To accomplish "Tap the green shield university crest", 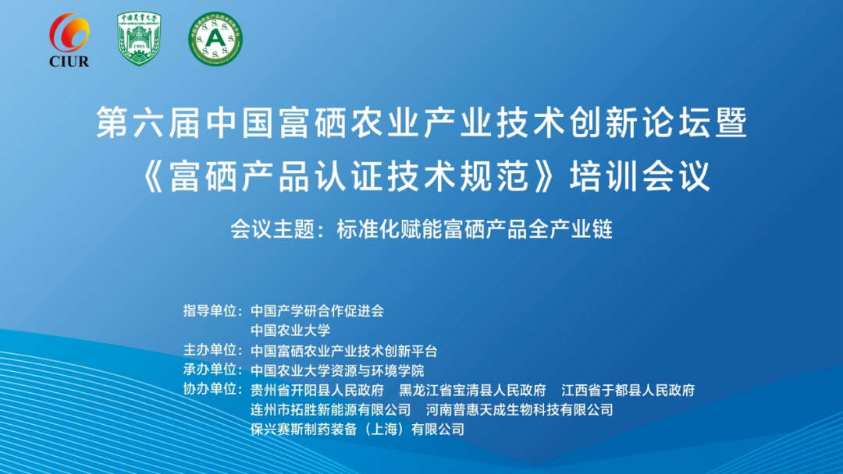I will click(x=139, y=39).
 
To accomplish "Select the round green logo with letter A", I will click(x=215, y=39).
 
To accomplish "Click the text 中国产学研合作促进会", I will click(x=317, y=310).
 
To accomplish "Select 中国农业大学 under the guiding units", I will click(x=290, y=330).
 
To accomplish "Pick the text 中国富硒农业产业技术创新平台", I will click(x=343, y=350).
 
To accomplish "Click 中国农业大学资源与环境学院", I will click(x=337, y=370).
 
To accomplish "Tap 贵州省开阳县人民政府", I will click(x=317, y=390).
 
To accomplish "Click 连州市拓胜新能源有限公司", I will click(x=330, y=409).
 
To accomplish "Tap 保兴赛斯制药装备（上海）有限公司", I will click(x=357, y=429).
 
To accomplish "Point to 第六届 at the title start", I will click(x=137, y=124).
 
